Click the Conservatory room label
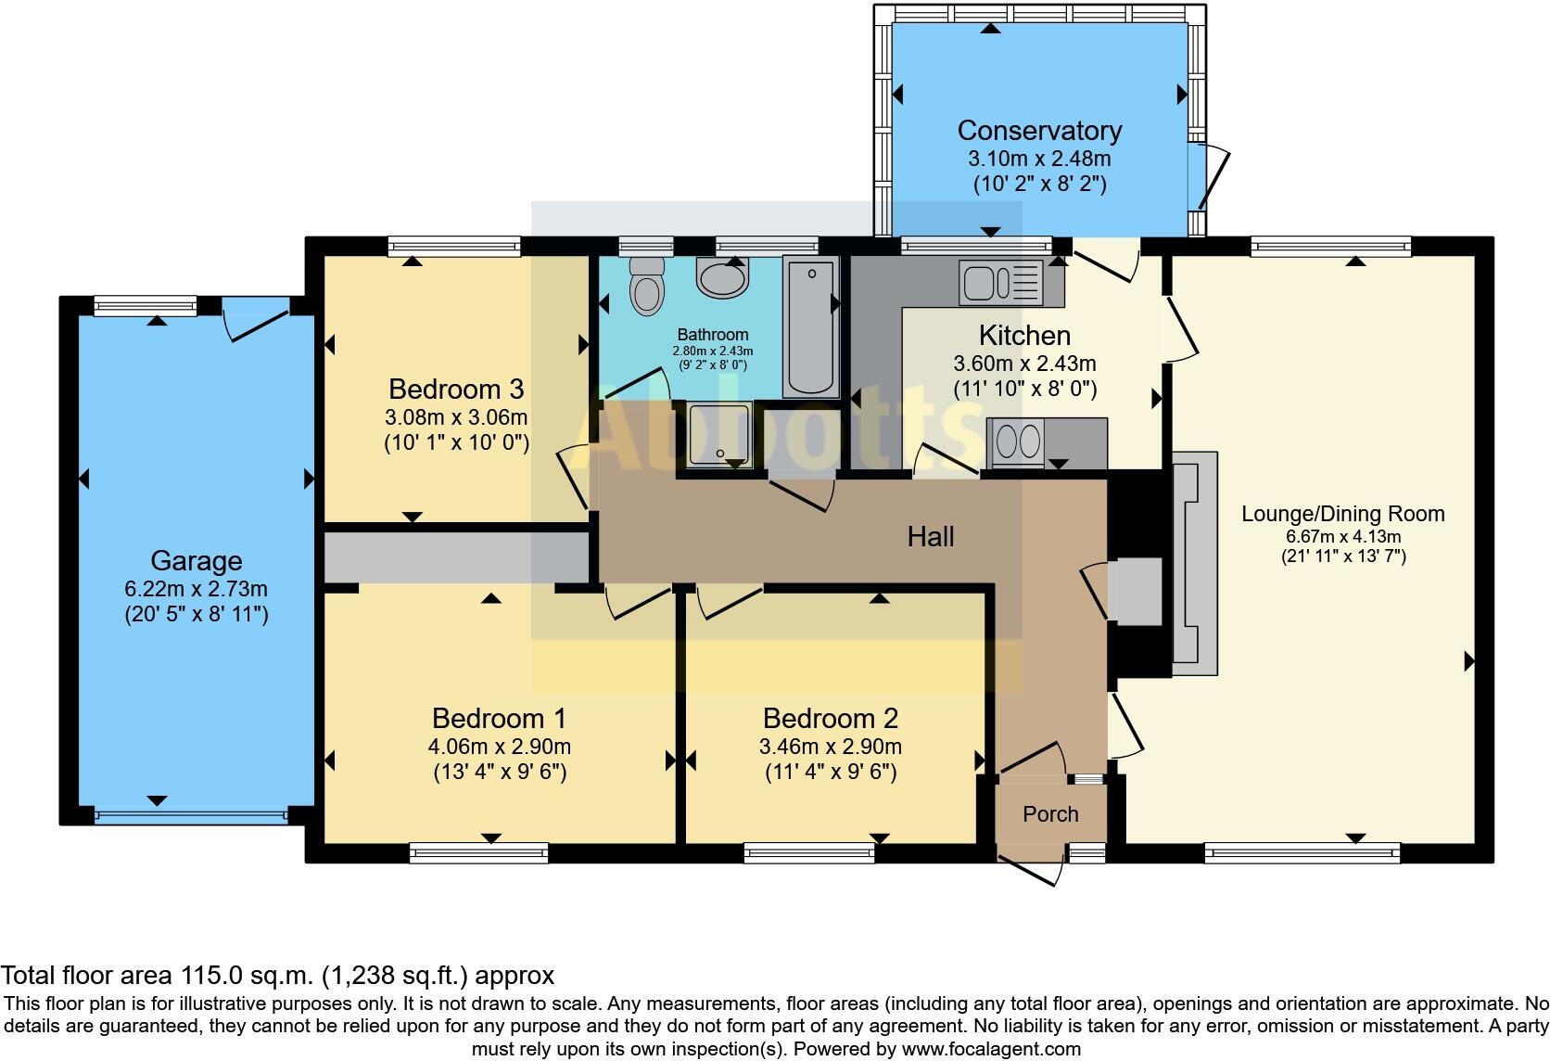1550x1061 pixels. click(x=1039, y=131)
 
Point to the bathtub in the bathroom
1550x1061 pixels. click(x=811, y=326)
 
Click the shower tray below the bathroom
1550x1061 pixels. click(x=719, y=434)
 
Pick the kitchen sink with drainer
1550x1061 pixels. click(x=1001, y=282)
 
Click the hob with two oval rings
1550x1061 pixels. click(x=1017, y=442)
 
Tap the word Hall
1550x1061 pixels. click(x=931, y=536)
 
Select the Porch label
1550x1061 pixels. click(x=1050, y=814)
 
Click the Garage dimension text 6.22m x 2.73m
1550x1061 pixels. click(x=197, y=589)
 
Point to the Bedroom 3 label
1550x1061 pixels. click(x=456, y=389)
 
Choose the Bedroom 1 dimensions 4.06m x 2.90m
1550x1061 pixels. click(x=499, y=747)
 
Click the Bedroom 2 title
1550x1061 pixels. click(x=830, y=719)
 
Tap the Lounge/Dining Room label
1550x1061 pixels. click(x=1342, y=514)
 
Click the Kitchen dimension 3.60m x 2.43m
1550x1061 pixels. click(x=1024, y=364)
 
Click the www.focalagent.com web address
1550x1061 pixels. click(x=993, y=1049)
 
